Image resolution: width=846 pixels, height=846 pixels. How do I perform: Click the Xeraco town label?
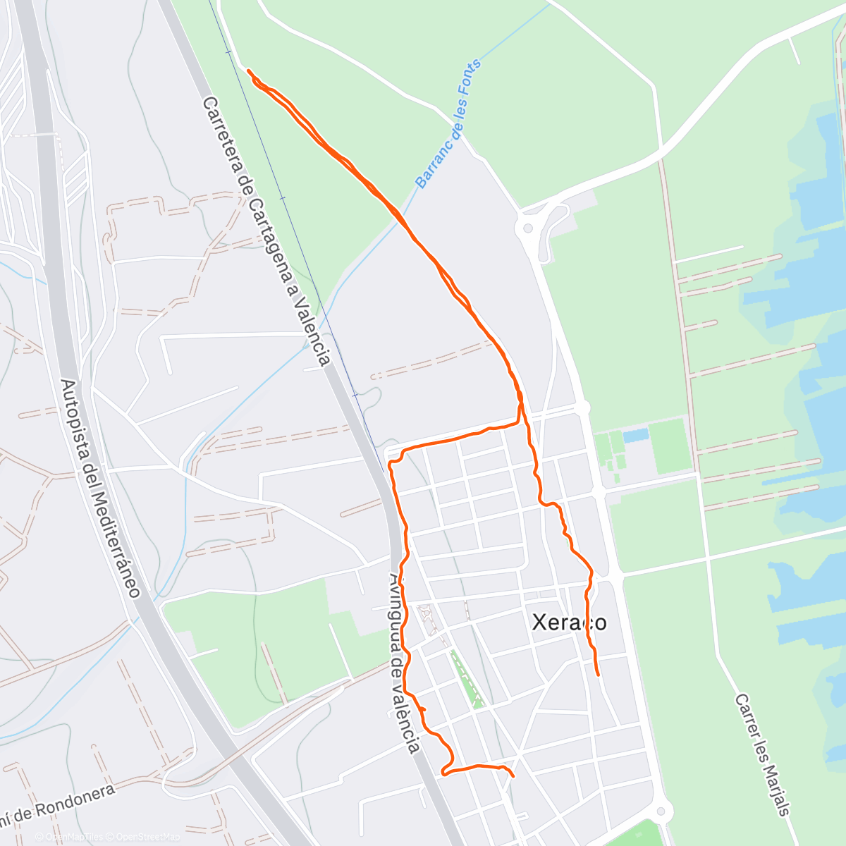pyautogui.click(x=568, y=623)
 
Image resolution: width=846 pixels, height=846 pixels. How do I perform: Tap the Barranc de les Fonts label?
pyautogui.click(x=448, y=124)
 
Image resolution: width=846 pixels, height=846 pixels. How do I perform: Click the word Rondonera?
pyautogui.click(x=75, y=800)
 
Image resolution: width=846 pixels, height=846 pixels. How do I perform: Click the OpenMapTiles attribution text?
pyautogui.click(x=73, y=837)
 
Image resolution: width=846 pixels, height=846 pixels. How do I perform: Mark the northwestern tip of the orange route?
pyautogui.click(x=249, y=70)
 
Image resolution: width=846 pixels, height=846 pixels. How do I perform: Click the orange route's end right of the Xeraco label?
pyautogui.click(x=599, y=675)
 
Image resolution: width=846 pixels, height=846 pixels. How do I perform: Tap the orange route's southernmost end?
pyautogui.click(x=513, y=776)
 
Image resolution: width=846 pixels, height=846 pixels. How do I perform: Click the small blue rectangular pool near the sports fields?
pyautogui.click(x=635, y=435)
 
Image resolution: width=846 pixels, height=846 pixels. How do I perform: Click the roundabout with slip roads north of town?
pyautogui.click(x=525, y=228)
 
